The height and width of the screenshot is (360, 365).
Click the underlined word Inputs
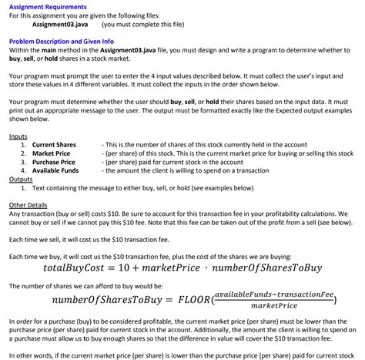coord(18,136)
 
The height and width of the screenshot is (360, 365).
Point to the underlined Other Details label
coord(28,204)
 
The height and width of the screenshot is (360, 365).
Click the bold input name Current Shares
coord(54,144)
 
